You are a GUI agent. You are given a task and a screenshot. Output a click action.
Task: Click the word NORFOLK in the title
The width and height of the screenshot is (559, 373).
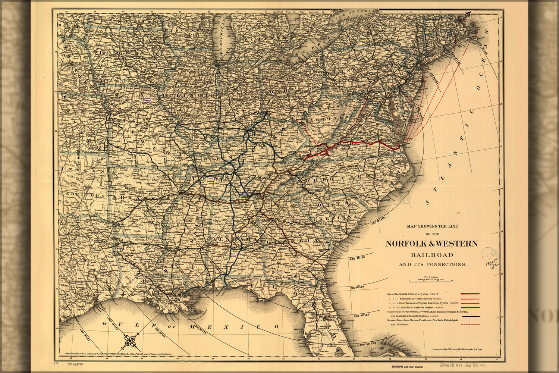coord(405,244)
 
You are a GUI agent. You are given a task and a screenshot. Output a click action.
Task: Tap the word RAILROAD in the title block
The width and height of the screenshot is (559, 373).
coord(432,255)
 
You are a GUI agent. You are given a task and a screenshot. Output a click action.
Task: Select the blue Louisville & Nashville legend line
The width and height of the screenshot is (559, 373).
coord(470,307)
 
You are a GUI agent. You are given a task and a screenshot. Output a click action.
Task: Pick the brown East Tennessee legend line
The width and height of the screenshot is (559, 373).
coord(470,303)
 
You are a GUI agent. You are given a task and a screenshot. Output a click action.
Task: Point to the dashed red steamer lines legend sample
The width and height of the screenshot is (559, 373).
coord(470,325)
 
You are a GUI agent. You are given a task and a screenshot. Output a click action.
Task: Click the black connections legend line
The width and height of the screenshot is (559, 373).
coord(470,316)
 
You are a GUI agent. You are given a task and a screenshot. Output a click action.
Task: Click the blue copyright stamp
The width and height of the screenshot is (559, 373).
coord(489,254)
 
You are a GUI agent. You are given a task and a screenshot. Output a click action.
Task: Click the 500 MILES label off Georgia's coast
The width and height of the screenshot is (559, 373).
coord(357,288)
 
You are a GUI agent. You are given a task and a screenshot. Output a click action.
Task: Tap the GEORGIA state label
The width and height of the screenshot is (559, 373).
coord(293,242)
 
